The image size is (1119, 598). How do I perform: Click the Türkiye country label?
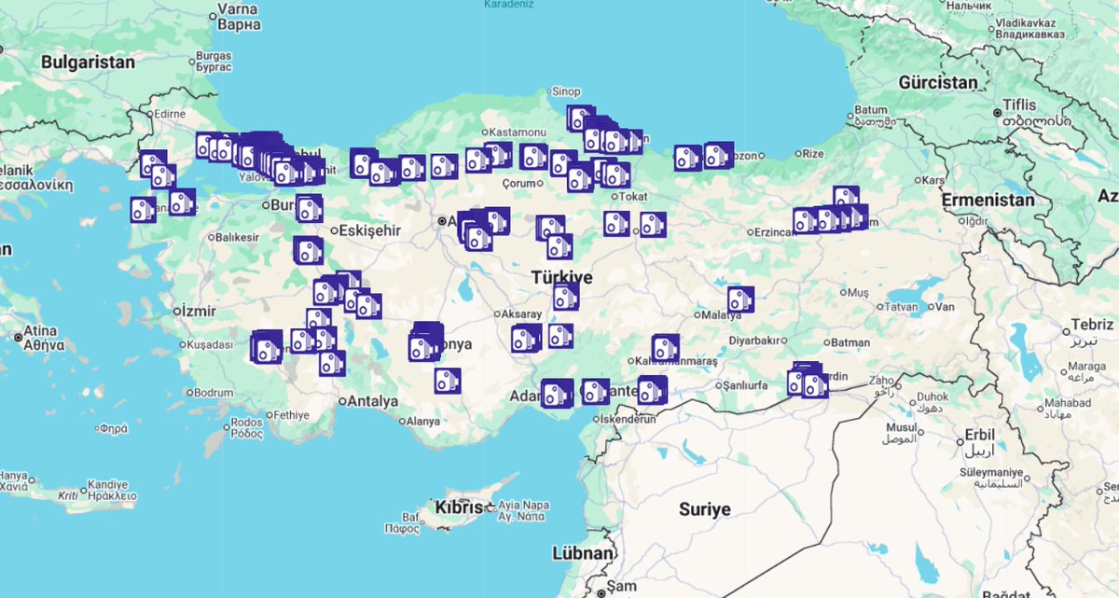(561, 277)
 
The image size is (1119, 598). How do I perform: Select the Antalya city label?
(372, 401)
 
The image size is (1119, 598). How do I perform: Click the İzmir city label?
(199, 311)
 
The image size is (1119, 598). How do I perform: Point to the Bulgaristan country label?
(88, 63)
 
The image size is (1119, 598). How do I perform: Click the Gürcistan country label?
(938, 82)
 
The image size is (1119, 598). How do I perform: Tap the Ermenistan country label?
(988, 200)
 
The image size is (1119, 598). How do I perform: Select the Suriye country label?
(704, 509)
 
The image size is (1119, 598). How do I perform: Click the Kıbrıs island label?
(459, 508)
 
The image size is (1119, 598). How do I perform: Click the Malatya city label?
(721, 315)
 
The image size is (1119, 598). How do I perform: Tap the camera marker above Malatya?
(740, 299)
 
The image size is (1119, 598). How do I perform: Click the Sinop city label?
(566, 91)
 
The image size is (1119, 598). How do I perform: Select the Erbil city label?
(980, 435)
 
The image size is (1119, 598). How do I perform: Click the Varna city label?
(237, 10)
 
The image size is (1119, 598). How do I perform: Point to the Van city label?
(946, 307)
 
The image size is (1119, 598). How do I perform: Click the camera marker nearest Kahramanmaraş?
(665, 349)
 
